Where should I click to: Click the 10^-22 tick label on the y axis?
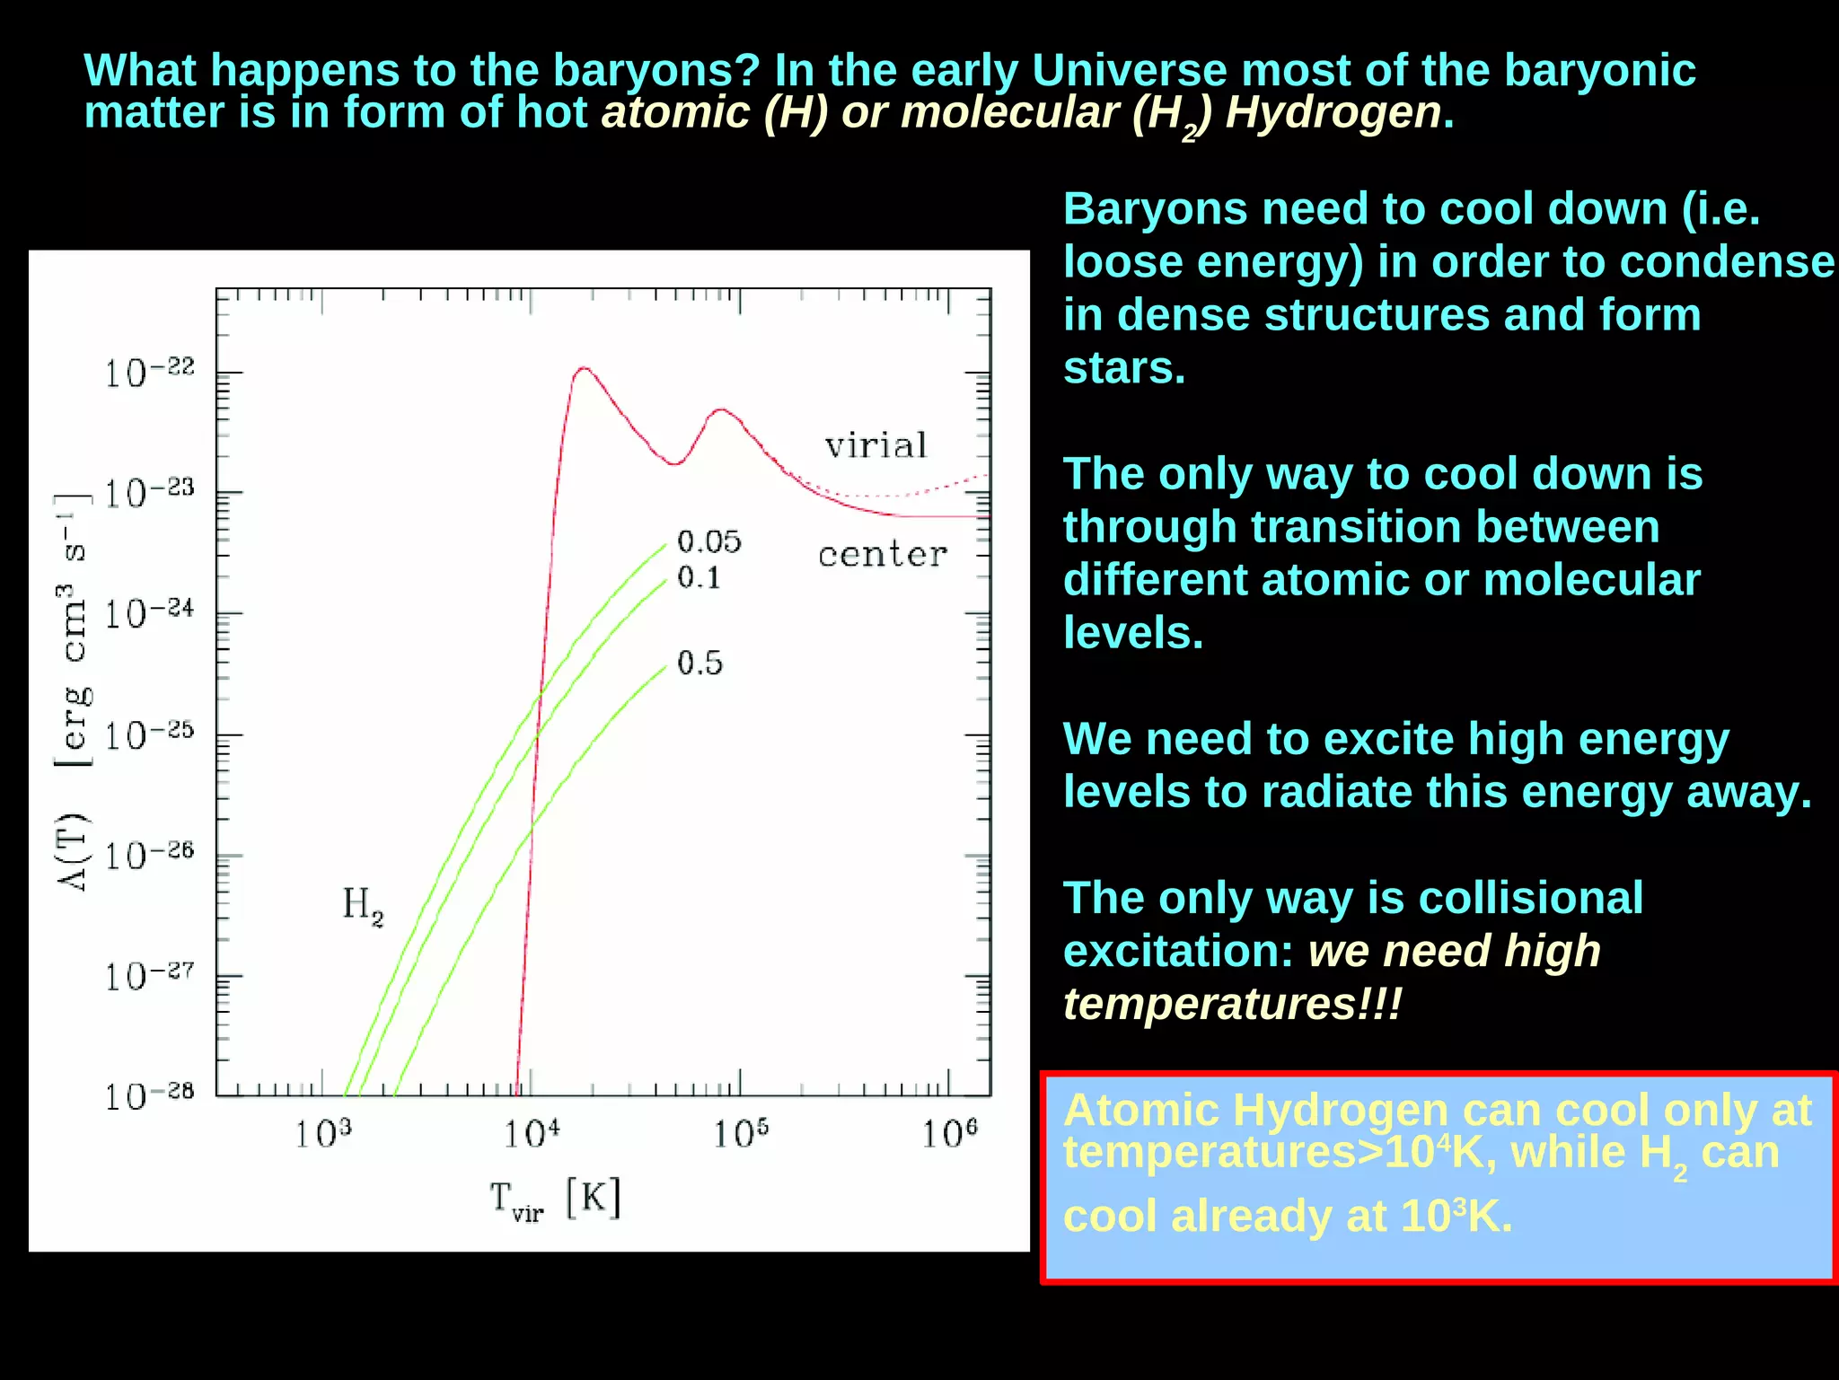[149, 373]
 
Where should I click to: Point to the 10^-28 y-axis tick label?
[149, 1096]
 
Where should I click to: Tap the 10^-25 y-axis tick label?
[149, 735]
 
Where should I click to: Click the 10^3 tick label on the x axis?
[323, 1134]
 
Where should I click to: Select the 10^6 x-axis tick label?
[950, 1134]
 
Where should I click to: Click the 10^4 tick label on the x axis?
[532, 1134]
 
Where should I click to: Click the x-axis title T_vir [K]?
[555, 1200]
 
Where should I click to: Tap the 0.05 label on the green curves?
[708, 541]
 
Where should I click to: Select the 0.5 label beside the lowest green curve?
[700, 664]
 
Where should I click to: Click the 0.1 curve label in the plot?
[699, 577]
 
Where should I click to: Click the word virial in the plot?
[876, 445]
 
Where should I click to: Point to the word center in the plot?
[882, 554]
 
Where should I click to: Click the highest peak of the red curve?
[584, 368]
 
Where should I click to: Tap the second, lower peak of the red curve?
[721, 410]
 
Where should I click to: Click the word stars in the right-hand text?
[1123, 368]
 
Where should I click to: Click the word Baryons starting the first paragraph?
[1155, 209]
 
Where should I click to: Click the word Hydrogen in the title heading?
[1333, 113]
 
